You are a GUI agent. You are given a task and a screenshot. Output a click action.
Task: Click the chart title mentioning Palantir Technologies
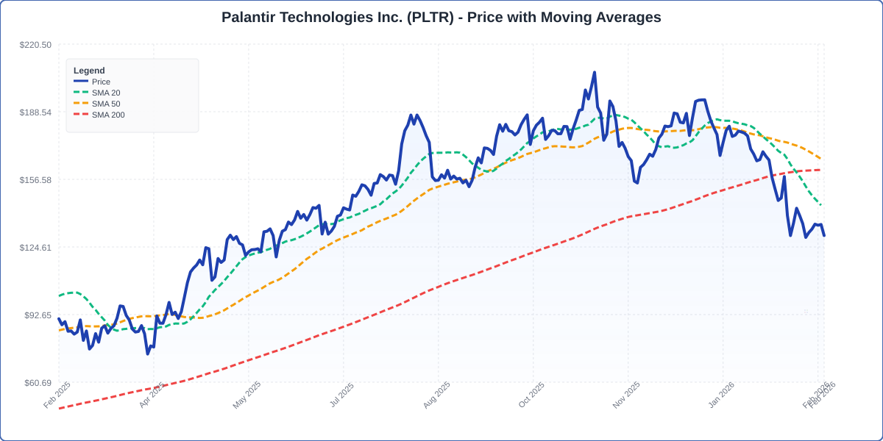pos(441,17)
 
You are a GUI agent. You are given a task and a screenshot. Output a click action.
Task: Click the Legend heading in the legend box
pos(89,71)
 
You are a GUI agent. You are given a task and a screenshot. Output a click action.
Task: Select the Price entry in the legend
pos(101,82)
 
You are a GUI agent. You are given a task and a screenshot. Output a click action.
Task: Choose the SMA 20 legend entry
pos(106,93)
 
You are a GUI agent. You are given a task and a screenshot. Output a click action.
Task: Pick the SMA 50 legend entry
pos(106,104)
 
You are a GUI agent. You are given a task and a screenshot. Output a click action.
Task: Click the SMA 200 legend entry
pos(108,115)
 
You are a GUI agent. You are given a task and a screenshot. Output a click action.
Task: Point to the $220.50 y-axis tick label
pos(35,45)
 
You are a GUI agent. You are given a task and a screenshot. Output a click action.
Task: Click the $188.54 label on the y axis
pos(35,112)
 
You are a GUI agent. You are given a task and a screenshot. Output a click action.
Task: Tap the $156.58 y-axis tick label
pos(35,180)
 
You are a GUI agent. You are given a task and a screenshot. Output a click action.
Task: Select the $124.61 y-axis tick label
pos(35,248)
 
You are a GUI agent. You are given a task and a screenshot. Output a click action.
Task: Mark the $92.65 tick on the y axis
pos(38,315)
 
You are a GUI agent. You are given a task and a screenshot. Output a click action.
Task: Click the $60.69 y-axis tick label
pos(38,383)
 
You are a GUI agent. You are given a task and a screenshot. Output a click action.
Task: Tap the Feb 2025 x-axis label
pos(57,395)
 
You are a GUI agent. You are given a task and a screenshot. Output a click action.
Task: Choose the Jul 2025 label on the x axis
pos(341,395)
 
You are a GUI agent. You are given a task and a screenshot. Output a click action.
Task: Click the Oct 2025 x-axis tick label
pos(531,395)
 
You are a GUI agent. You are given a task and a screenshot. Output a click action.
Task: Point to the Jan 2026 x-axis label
pos(721,395)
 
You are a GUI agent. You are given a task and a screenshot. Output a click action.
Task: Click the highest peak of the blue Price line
pos(595,73)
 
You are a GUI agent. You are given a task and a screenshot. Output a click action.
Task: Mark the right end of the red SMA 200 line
pos(820,171)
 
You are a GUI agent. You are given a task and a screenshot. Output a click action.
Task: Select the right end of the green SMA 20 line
pos(821,205)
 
